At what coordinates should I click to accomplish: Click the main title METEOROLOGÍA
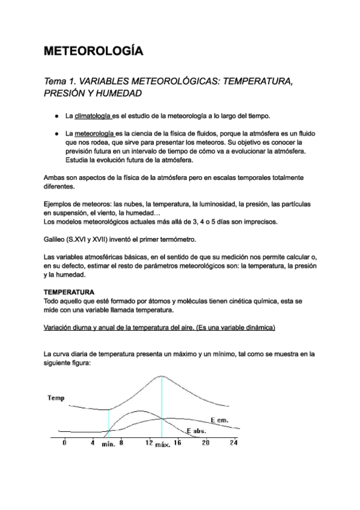[x=94, y=51]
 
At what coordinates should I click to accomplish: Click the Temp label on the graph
[x=56, y=398]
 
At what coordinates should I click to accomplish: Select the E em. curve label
[x=219, y=419]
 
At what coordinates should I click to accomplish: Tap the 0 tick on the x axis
[x=64, y=443]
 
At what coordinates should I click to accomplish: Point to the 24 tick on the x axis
[x=234, y=443]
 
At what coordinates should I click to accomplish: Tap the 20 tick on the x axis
[x=205, y=443]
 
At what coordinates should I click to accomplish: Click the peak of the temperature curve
[x=162, y=375]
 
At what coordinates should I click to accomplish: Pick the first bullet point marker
[x=56, y=115]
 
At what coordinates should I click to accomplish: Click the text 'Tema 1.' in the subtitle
[x=61, y=81]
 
